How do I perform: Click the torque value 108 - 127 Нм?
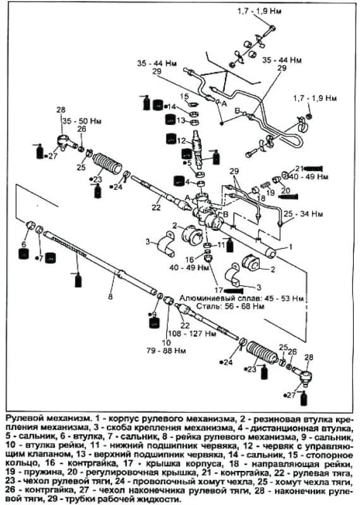(x=193, y=333)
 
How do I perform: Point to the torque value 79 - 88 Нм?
(x=166, y=350)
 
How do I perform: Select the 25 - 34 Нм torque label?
(x=303, y=214)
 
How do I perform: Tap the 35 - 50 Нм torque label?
(x=82, y=121)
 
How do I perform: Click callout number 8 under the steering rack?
(x=111, y=296)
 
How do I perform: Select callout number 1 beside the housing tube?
(x=291, y=247)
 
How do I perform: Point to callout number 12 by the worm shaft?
(x=181, y=140)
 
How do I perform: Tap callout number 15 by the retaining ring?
(x=184, y=96)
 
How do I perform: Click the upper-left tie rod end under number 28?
(x=67, y=141)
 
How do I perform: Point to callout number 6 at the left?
(x=23, y=244)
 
